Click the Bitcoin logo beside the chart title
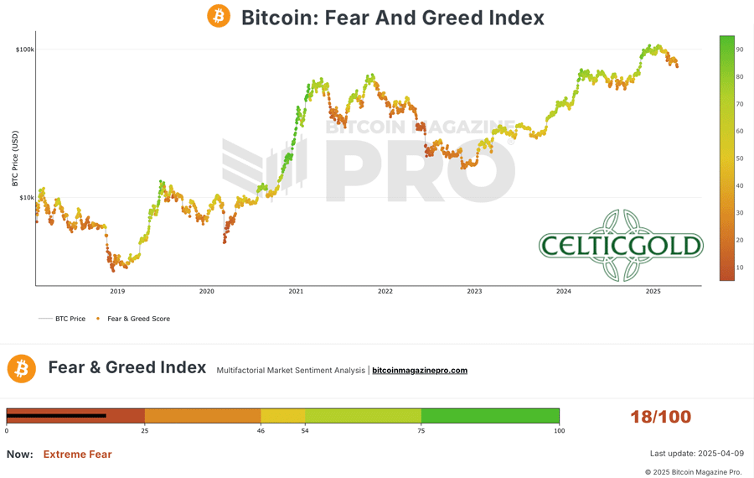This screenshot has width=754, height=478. [x=219, y=16]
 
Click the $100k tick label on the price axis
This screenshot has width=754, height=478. [x=24, y=49]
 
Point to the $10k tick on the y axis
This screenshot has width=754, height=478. [x=25, y=198]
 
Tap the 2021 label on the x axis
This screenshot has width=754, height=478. [x=296, y=292]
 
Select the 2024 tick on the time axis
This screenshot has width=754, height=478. [x=564, y=292]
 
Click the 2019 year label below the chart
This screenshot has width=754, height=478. [x=117, y=292]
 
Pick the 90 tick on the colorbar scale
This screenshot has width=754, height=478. [x=740, y=49]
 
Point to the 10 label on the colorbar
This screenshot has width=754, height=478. [x=740, y=268]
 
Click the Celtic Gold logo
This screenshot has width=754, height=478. [x=621, y=246]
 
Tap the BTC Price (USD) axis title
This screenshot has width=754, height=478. [x=15, y=158]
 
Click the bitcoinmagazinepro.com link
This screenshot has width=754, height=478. [x=420, y=371]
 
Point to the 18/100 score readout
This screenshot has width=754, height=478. [x=660, y=417]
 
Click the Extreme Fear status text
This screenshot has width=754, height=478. [x=77, y=455]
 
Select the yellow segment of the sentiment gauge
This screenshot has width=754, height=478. [x=283, y=416]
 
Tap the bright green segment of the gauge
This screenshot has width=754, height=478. [x=490, y=416]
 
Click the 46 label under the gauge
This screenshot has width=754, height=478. [x=261, y=431]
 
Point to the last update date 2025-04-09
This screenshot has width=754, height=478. [x=695, y=454]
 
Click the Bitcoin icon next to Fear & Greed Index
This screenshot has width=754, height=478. [x=22, y=368]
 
